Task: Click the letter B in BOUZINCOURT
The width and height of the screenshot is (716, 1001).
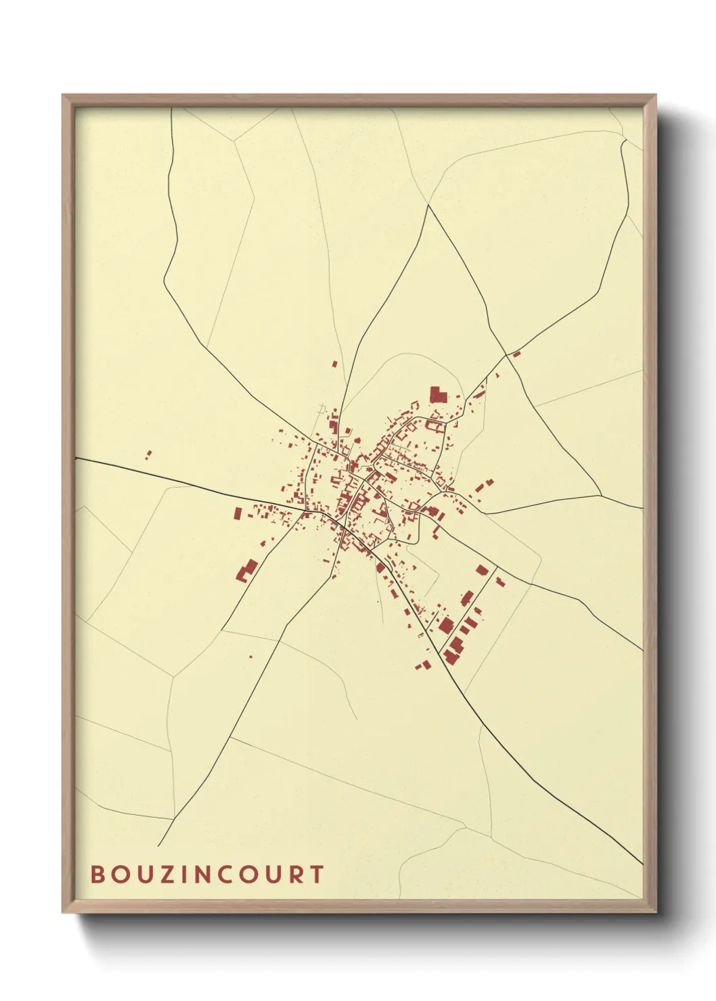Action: tap(98, 875)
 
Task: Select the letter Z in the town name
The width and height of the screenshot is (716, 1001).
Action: tap(169, 875)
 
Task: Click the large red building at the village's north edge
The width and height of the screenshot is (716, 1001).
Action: tap(439, 394)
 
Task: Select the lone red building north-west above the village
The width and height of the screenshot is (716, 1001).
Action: tap(334, 364)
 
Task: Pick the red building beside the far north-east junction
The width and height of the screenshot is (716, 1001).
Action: tap(516, 353)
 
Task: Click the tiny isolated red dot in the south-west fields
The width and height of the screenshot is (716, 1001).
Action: tap(250, 656)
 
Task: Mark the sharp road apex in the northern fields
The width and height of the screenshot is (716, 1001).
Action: tap(428, 206)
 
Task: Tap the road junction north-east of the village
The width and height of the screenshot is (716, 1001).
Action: tap(506, 354)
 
